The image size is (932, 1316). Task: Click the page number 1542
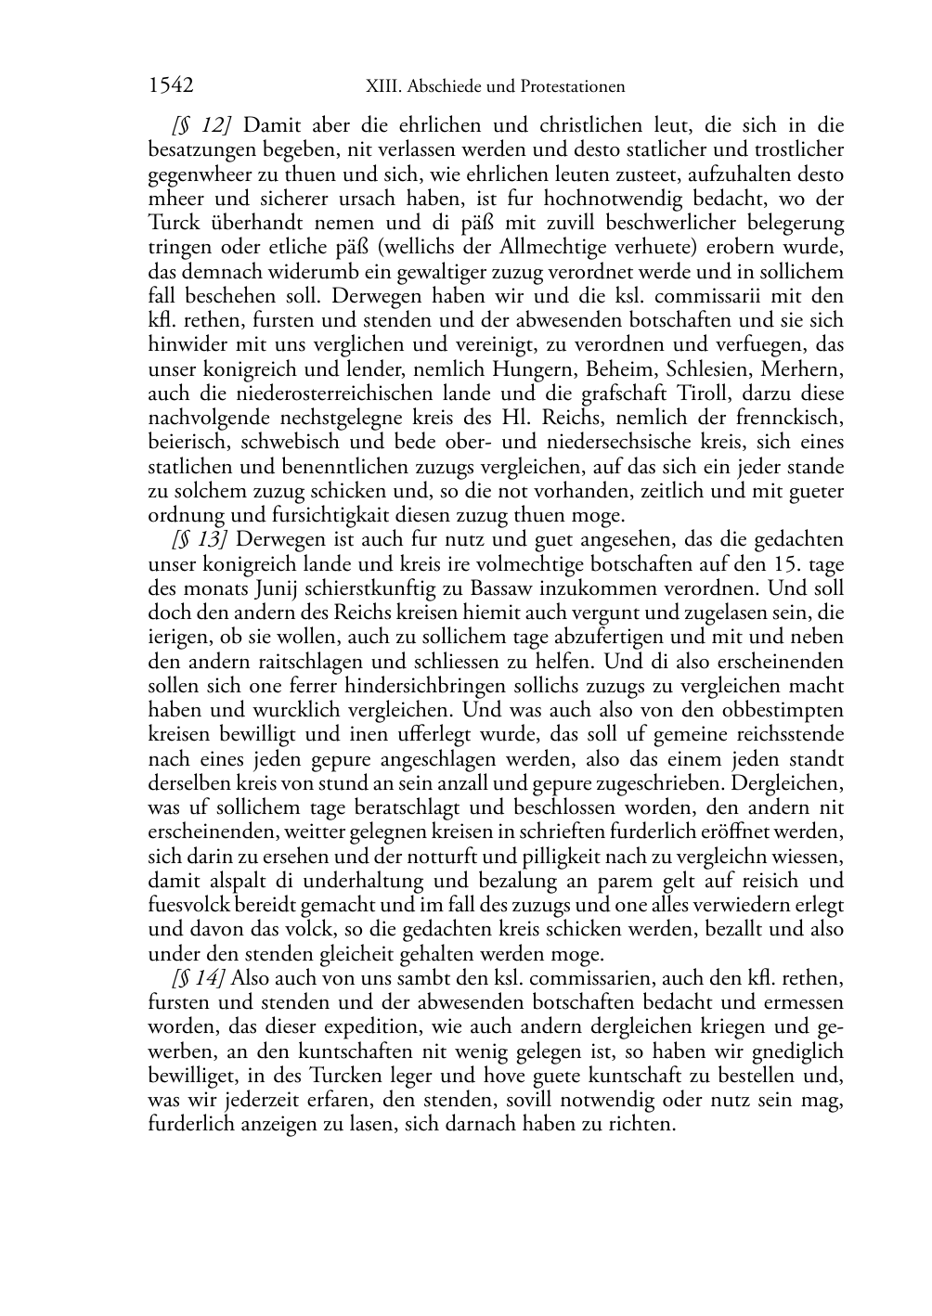point(171,86)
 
